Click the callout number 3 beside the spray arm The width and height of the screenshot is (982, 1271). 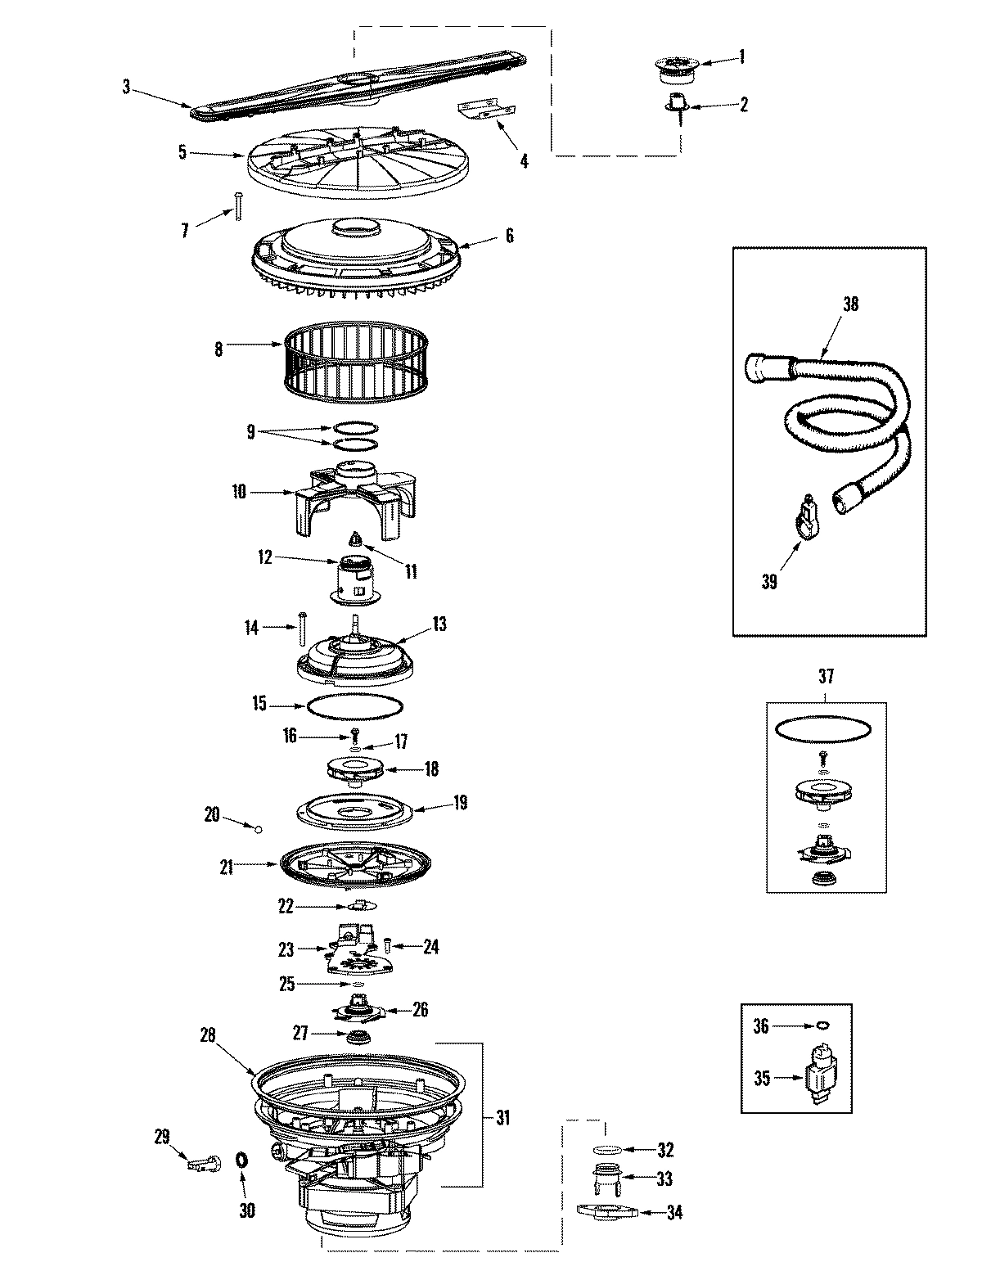126,86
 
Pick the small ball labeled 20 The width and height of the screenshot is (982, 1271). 259,829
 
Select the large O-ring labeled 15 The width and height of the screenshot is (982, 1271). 354,705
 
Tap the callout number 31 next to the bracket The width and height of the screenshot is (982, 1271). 502,1116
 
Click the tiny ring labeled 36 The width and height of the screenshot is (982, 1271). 822,1024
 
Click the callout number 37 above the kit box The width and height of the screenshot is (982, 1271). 825,677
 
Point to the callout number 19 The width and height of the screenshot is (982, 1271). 460,803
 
